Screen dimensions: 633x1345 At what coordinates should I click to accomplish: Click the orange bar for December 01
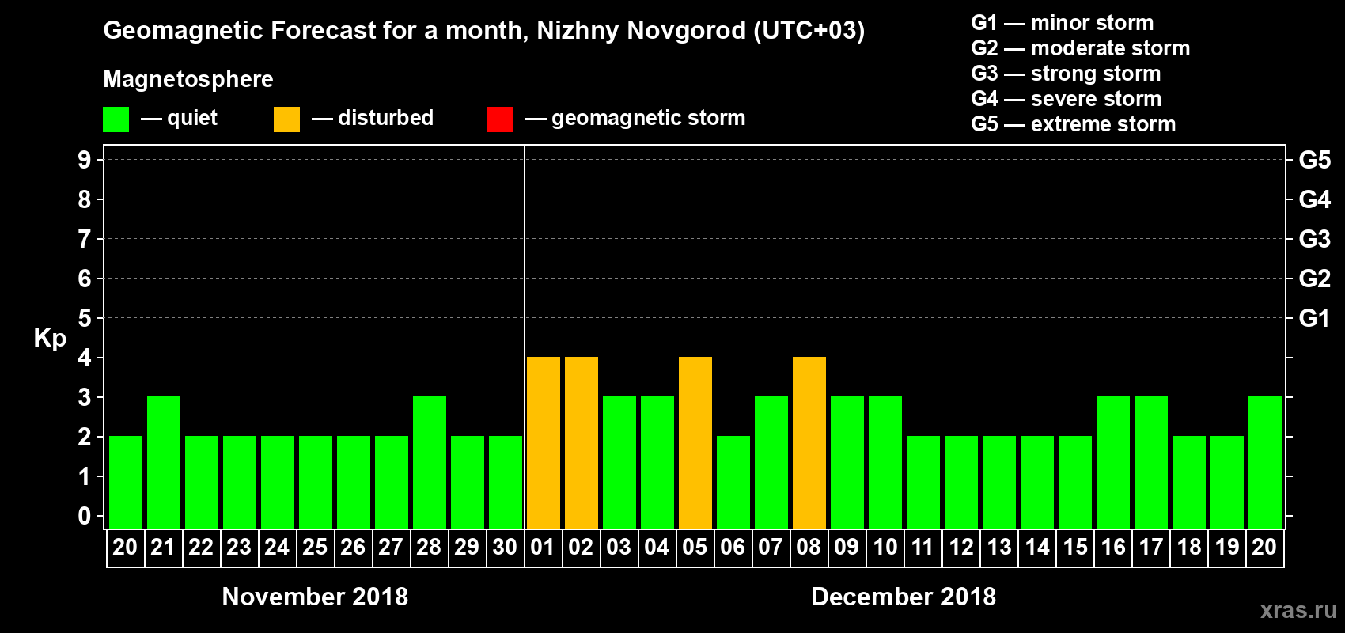point(544,442)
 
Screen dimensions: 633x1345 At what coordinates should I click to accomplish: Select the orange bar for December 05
point(695,442)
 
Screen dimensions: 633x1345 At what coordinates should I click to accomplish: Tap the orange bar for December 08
point(809,442)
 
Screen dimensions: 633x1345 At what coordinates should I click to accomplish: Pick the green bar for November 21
point(164,462)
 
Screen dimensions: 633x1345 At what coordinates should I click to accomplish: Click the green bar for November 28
point(430,462)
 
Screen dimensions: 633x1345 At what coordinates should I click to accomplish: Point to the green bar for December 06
point(733,482)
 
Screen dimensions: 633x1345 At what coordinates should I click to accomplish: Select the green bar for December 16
point(1113,462)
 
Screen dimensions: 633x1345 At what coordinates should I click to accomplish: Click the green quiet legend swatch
point(116,119)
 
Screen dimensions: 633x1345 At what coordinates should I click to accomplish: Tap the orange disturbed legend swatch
point(286,119)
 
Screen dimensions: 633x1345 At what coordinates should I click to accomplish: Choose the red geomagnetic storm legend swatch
point(500,119)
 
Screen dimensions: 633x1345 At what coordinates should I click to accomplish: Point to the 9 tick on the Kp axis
point(85,160)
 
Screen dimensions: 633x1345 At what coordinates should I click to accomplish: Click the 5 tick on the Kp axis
point(85,318)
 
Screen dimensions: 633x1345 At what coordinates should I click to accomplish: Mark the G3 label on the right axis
point(1314,239)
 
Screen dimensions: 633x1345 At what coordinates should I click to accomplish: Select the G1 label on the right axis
point(1314,318)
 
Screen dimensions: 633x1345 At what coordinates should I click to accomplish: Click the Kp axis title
point(50,339)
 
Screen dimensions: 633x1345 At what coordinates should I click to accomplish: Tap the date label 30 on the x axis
point(505,547)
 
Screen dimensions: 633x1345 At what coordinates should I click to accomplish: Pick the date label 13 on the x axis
point(999,547)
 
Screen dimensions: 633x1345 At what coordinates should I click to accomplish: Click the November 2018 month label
point(315,597)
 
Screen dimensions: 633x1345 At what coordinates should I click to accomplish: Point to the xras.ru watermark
point(1298,610)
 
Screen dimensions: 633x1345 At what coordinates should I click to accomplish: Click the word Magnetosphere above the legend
point(188,79)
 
